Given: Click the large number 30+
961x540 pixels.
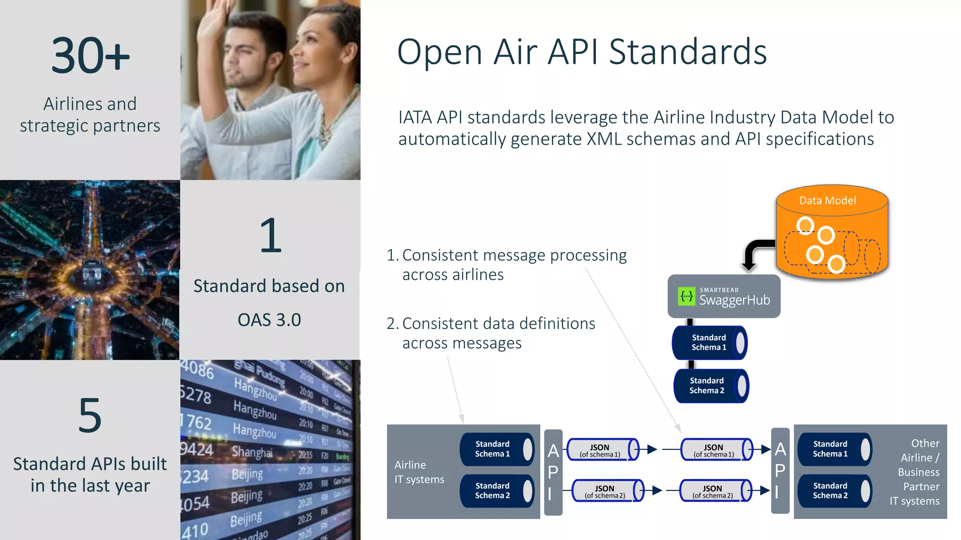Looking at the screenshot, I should [x=90, y=56].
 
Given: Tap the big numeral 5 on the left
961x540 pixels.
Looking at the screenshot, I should [x=90, y=415].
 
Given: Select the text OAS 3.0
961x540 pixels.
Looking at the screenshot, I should [x=269, y=320].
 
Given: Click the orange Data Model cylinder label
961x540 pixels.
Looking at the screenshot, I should [x=827, y=201].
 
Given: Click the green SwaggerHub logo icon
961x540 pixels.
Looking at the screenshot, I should [x=686, y=296].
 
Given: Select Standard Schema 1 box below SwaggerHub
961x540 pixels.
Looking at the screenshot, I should [x=709, y=343].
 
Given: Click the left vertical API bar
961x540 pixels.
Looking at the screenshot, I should [x=553, y=472].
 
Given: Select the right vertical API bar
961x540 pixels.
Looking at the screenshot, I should [x=780, y=471].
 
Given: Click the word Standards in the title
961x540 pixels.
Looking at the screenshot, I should [x=687, y=52].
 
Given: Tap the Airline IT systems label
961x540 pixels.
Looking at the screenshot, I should [x=419, y=472].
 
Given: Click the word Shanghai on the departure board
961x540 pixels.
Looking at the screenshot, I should [x=252, y=452].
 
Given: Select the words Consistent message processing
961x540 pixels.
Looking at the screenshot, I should [x=514, y=255].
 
